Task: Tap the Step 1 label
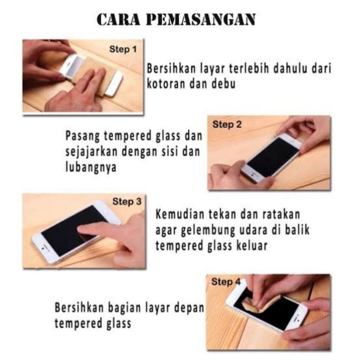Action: tap(122, 49)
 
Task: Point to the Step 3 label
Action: tap(123, 202)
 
